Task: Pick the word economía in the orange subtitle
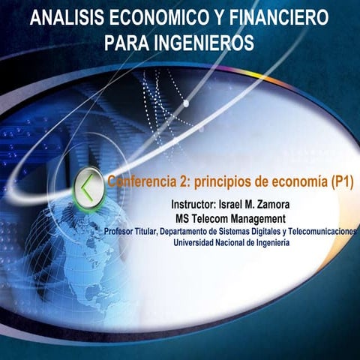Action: click(291, 181)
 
